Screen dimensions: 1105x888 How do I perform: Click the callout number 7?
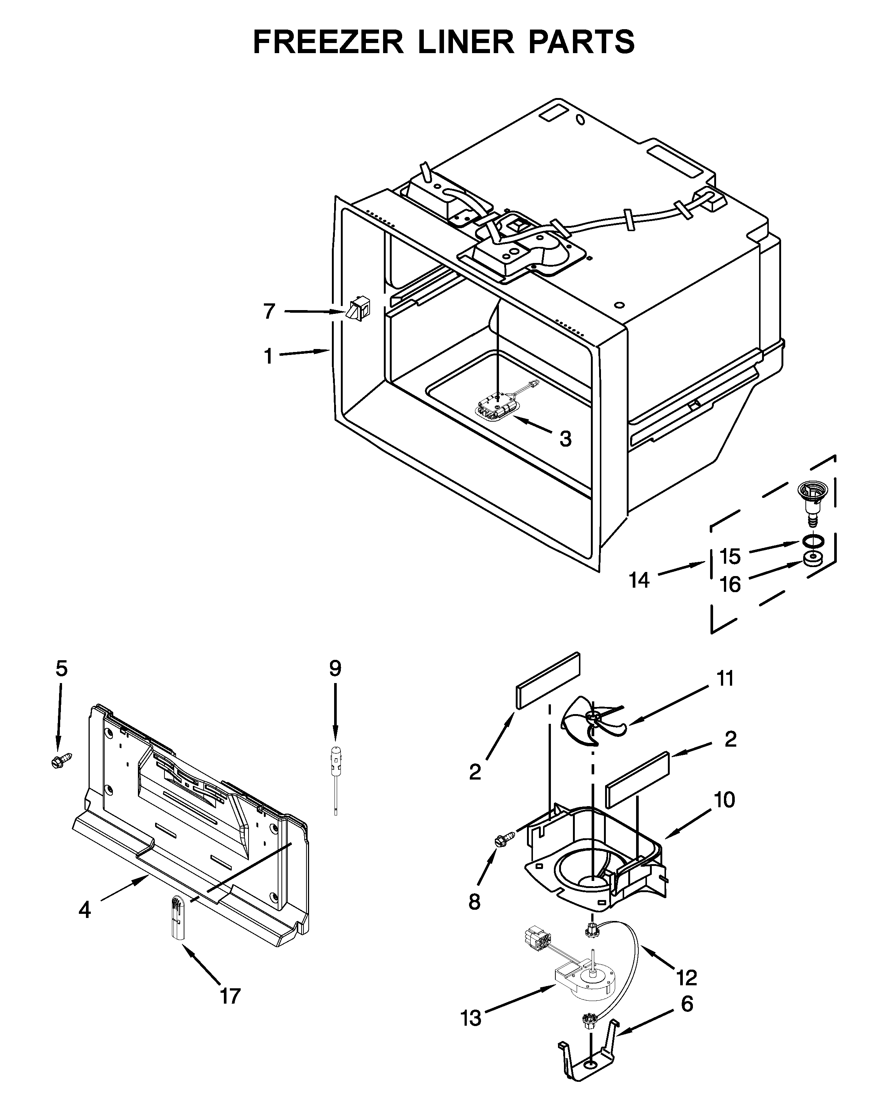pos(269,311)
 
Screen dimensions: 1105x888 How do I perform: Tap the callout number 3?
pos(565,439)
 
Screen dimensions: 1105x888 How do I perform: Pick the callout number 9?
pos(335,668)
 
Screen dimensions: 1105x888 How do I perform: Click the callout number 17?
pos(230,997)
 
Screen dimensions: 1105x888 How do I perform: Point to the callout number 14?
pos(639,580)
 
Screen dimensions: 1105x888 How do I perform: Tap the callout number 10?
pos(725,799)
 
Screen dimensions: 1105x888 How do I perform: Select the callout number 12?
pos(686,978)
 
